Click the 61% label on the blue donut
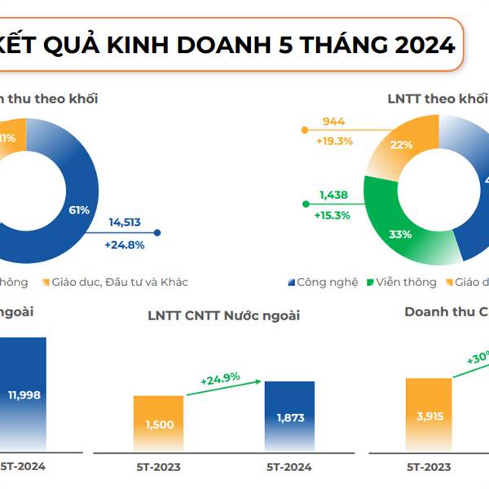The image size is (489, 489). click(78, 210)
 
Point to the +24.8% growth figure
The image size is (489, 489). click(124, 244)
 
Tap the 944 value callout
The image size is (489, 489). click(333, 122)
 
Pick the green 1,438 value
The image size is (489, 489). click(334, 196)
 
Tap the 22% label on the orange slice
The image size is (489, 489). click(401, 144)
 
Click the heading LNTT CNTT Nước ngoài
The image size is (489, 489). click(223, 315)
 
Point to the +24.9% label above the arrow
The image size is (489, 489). click(222, 378)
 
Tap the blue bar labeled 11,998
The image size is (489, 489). click(24, 394)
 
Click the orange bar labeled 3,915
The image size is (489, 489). click(429, 414)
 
